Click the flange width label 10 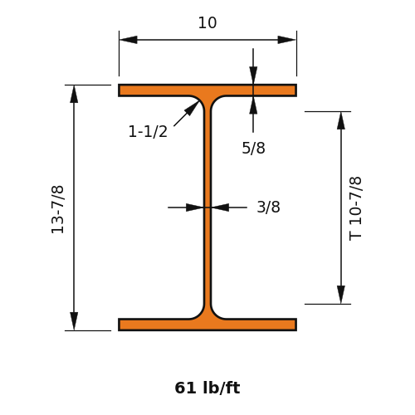pyautogui.click(x=207, y=22)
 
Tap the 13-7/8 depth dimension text pyautogui.click(x=57, y=210)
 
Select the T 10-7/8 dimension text pyautogui.click(x=355, y=208)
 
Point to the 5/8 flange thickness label pyautogui.click(x=253, y=148)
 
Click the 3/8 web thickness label pyautogui.click(x=268, y=207)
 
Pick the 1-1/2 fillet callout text pyautogui.click(x=148, y=131)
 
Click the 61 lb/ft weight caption pyautogui.click(x=207, y=388)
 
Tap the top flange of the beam pyautogui.click(x=207, y=90)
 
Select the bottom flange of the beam pyautogui.click(x=207, y=325)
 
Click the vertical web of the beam pyautogui.click(x=207, y=207)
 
